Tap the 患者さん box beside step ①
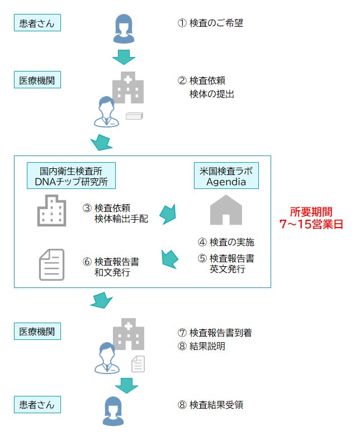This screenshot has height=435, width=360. (x=37, y=23)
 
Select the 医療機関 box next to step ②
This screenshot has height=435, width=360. (x=37, y=81)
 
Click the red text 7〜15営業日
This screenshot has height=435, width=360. (x=311, y=224)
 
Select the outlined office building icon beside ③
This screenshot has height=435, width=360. (x=51, y=211)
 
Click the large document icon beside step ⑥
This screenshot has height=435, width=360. (x=51, y=264)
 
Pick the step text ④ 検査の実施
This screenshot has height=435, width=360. (x=226, y=243)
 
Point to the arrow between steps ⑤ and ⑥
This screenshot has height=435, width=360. (x=170, y=258)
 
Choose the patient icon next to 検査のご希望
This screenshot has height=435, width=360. (x=125, y=29)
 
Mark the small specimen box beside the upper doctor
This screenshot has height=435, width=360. (x=135, y=116)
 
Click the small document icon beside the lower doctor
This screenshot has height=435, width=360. (x=138, y=364)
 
